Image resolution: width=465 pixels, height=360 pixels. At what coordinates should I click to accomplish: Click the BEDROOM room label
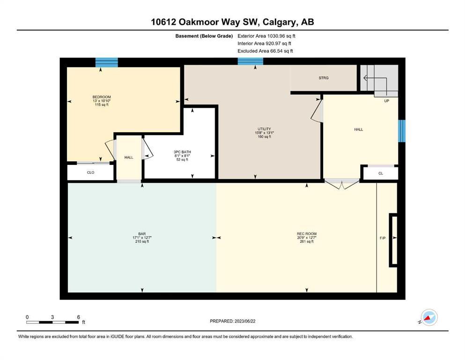(x=102, y=97)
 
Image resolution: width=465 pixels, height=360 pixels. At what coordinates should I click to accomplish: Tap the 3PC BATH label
(x=182, y=152)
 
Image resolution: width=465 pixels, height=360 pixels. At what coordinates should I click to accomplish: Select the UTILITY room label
(x=264, y=129)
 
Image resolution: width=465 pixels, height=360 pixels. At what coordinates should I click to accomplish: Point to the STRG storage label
(x=324, y=78)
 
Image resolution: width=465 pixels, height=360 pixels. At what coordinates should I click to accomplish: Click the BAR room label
(x=142, y=234)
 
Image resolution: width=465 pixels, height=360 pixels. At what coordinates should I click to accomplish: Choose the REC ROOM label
(x=307, y=234)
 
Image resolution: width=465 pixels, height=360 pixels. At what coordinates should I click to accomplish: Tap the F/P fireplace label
(x=383, y=238)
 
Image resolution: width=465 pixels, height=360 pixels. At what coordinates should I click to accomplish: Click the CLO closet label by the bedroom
(x=90, y=172)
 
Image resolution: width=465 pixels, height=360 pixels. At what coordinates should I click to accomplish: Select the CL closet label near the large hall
(x=381, y=173)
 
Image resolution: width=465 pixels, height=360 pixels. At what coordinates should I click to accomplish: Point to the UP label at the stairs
(x=386, y=101)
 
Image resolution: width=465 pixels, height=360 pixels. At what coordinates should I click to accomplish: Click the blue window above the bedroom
(x=106, y=62)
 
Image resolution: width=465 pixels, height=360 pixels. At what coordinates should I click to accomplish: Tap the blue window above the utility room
(x=250, y=61)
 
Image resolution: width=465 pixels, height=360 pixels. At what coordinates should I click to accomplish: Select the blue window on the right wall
(x=401, y=131)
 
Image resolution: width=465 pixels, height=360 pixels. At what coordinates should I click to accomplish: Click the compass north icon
(x=429, y=317)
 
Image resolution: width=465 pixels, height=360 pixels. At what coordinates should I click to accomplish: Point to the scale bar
(x=52, y=322)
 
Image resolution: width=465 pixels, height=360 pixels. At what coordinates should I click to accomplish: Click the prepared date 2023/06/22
(x=245, y=321)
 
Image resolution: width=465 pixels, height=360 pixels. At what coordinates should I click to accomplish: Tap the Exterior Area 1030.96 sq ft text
(x=266, y=36)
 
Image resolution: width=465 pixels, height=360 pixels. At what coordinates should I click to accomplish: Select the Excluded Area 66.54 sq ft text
(x=265, y=51)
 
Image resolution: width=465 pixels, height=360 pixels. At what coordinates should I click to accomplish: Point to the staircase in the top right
(x=379, y=80)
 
